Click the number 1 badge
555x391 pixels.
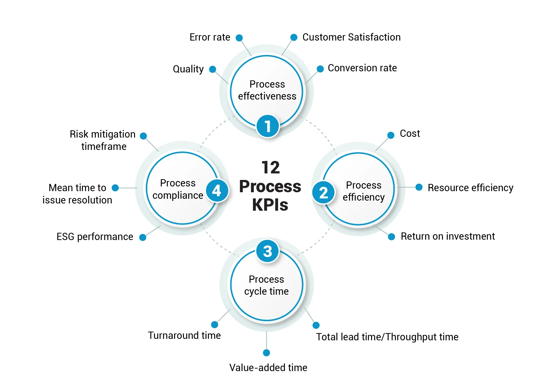(268, 126)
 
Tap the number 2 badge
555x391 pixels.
(323, 193)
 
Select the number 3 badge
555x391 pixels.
(267, 251)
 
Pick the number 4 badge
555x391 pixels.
(217, 190)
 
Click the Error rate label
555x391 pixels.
(210, 37)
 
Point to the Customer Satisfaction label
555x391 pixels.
(351, 37)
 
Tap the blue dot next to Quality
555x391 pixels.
(213, 69)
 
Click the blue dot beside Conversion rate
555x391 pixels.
(320, 69)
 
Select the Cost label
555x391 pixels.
(409, 134)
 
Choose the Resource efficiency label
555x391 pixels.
(470, 188)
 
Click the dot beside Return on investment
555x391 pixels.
(391, 237)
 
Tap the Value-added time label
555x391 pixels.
(268, 368)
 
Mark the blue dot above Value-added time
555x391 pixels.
(266, 353)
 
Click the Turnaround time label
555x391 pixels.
(184, 336)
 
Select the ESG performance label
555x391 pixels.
(95, 237)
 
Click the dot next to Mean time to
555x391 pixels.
(115, 188)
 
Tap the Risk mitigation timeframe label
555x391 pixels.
(103, 140)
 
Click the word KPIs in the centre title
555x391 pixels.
(270, 205)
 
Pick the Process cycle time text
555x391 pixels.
(266, 285)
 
